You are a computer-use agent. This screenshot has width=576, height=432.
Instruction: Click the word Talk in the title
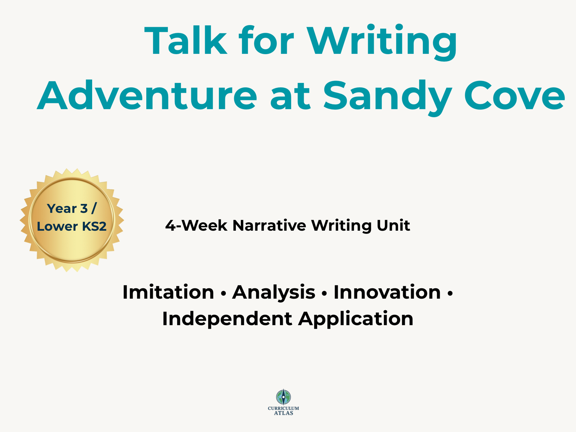(x=186, y=40)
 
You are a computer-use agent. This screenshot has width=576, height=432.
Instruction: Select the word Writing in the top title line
(x=382, y=42)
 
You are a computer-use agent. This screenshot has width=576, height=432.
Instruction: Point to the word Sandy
(x=387, y=98)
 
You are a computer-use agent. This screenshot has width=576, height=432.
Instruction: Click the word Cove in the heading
(x=515, y=96)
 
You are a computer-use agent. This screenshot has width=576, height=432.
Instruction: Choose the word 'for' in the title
(x=266, y=40)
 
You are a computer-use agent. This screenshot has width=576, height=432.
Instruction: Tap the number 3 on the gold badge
(x=84, y=209)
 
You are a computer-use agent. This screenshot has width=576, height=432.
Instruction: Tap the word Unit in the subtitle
(x=393, y=225)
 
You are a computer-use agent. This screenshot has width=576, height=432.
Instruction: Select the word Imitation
(x=168, y=292)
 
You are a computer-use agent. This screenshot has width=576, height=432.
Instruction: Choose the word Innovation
(x=387, y=292)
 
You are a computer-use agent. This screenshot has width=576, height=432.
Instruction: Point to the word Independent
(x=227, y=319)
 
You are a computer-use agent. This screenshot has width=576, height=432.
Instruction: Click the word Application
(x=356, y=319)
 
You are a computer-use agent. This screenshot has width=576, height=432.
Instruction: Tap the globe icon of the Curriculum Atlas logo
(x=283, y=397)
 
